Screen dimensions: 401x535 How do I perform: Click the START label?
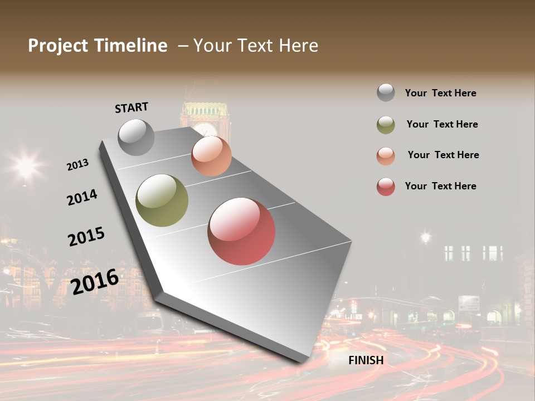pos(132,107)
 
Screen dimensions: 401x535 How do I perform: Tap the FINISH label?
pos(366,360)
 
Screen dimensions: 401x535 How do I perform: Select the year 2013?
pos(77,165)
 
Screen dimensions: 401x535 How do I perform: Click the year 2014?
pos(82,197)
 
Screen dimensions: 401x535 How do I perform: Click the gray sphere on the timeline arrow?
pos(137,137)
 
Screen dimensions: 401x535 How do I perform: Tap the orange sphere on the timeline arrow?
pos(211,156)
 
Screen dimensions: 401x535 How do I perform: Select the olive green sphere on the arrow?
pos(162,200)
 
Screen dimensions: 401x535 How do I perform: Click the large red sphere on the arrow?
pos(241,231)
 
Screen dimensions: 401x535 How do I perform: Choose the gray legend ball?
pos(386,92)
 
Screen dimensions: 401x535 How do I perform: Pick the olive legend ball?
pos(386,125)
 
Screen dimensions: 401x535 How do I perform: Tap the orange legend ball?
pos(386,156)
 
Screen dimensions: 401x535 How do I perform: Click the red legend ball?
pos(386,187)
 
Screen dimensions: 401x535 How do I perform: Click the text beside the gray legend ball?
pos(440,93)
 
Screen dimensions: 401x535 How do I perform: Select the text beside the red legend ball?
pos(440,186)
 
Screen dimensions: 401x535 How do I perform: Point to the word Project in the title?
pos(58,46)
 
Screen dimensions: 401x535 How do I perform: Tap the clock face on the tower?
pos(206,129)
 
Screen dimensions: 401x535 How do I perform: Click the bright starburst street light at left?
pos(26,165)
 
